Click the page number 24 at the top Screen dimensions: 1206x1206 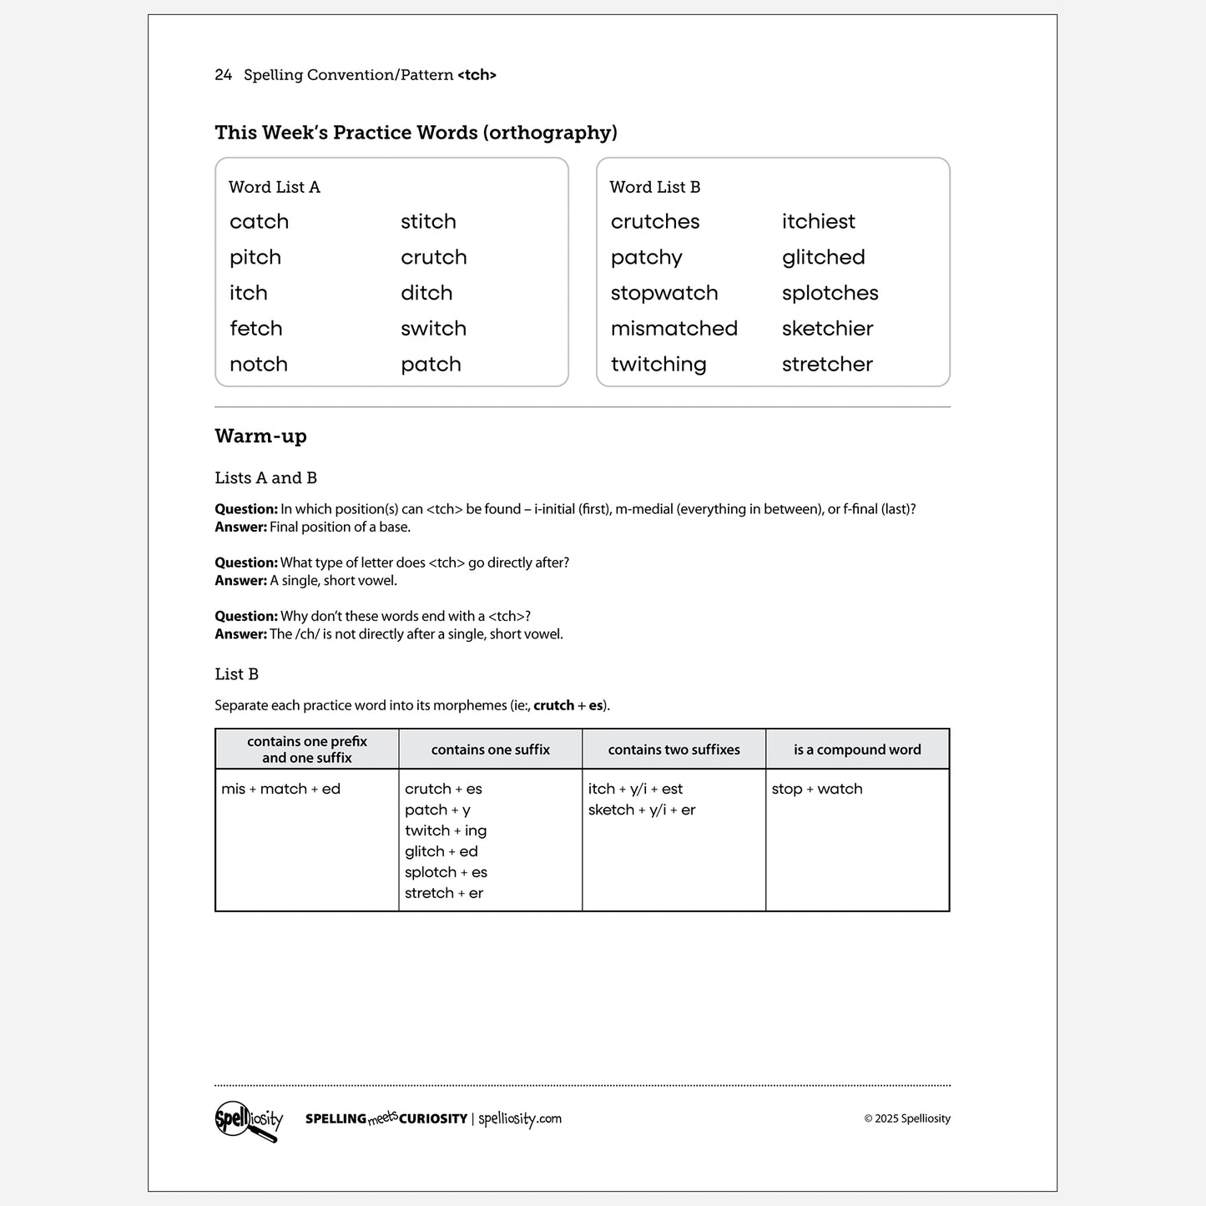click(x=223, y=75)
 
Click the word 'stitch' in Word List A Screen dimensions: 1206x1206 click(x=428, y=222)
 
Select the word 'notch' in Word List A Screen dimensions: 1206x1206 click(x=259, y=365)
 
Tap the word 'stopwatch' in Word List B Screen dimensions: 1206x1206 click(x=664, y=294)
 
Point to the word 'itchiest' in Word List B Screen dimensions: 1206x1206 click(x=818, y=222)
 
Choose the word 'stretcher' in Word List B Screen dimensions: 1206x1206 click(x=827, y=365)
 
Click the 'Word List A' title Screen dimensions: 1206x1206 click(x=275, y=188)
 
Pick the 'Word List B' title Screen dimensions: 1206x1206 click(x=655, y=188)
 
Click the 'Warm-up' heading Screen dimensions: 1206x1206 click(x=260, y=436)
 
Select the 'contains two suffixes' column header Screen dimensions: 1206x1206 click(x=674, y=749)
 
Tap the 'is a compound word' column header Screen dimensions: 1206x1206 click(x=857, y=749)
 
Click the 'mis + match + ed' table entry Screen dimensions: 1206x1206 click(x=281, y=790)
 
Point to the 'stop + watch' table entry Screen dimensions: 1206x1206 click(x=817, y=790)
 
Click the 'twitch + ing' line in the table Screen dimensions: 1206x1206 click(x=446, y=831)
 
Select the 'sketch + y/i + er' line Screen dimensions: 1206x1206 click(x=642, y=810)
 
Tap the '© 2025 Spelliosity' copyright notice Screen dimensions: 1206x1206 click(x=907, y=1119)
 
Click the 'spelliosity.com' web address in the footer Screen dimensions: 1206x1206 click(x=520, y=1119)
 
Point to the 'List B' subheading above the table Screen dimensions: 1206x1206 click(x=236, y=674)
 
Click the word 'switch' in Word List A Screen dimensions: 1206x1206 click(x=433, y=329)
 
